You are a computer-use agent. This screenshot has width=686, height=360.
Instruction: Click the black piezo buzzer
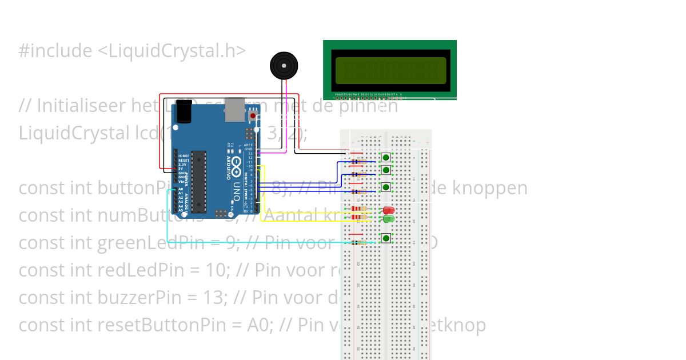coord(284,65)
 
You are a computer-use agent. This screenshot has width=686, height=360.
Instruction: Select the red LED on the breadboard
coord(389,211)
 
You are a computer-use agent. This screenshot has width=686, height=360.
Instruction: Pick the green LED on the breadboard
coord(389,219)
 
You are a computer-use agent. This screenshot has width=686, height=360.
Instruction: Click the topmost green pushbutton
coord(386,157)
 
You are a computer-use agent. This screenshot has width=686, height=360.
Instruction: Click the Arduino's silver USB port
coord(233,110)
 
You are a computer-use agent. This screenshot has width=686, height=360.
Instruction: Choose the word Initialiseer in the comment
coord(83,106)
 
